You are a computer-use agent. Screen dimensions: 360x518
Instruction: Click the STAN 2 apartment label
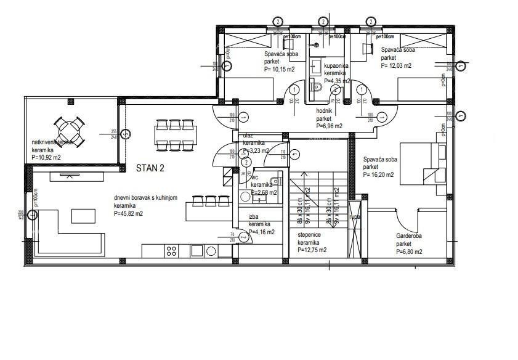(x=150, y=167)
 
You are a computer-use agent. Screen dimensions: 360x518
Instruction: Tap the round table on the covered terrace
(x=69, y=129)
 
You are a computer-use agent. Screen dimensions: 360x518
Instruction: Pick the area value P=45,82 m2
(x=128, y=213)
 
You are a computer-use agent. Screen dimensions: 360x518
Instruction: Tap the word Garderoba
(x=408, y=236)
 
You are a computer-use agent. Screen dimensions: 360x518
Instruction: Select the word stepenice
(x=310, y=235)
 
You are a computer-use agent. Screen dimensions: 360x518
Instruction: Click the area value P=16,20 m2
(x=378, y=174)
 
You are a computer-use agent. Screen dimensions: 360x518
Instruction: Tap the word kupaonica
(x=337, y=66)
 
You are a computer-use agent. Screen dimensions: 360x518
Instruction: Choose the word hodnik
(x=324, y=111)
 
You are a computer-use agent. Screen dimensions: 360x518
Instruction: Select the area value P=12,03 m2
(x=396, y=65)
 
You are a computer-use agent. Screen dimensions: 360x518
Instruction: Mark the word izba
(x=253, y=217)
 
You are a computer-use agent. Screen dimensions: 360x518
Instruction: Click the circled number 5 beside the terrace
(x=125, y=133)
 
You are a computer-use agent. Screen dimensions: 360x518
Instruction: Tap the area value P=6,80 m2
(x=410, y=252)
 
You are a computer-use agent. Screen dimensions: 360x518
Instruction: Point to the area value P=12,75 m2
(x=312, y=250)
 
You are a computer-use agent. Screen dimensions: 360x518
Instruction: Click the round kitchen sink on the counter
(x=211, y=250)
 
